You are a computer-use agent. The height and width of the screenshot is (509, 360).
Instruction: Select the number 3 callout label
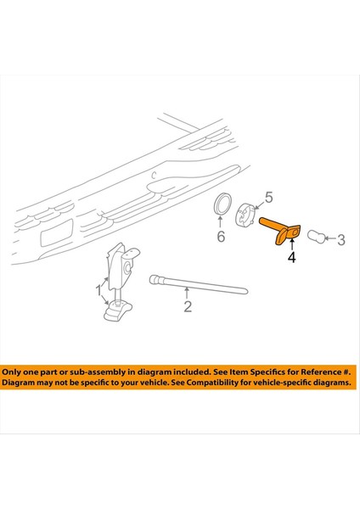click(341, 241)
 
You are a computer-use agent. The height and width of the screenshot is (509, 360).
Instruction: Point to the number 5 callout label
click(268, 198)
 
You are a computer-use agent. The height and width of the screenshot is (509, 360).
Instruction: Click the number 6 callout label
click(221, 238)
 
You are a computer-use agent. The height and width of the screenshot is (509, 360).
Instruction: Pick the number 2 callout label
click(188, 307)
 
